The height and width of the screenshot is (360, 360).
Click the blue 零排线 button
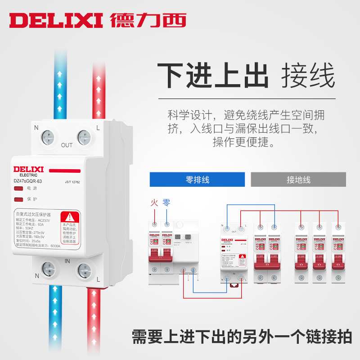[x=197, y=180]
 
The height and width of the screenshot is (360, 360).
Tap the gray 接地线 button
[x=298, y=180]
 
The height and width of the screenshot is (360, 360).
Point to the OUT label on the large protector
[x=67, y=145]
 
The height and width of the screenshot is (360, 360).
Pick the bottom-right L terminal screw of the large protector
[x=84, y=270]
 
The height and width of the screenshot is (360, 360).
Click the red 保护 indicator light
[x=18, y=198]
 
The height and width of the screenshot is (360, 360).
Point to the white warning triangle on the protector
[x=70, y=217]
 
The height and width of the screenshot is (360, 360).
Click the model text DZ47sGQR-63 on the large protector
[x=27, y=181]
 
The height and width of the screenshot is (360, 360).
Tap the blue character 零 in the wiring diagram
[x=166, y=203]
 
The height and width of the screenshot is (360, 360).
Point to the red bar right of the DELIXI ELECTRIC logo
[x=64, y=171]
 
